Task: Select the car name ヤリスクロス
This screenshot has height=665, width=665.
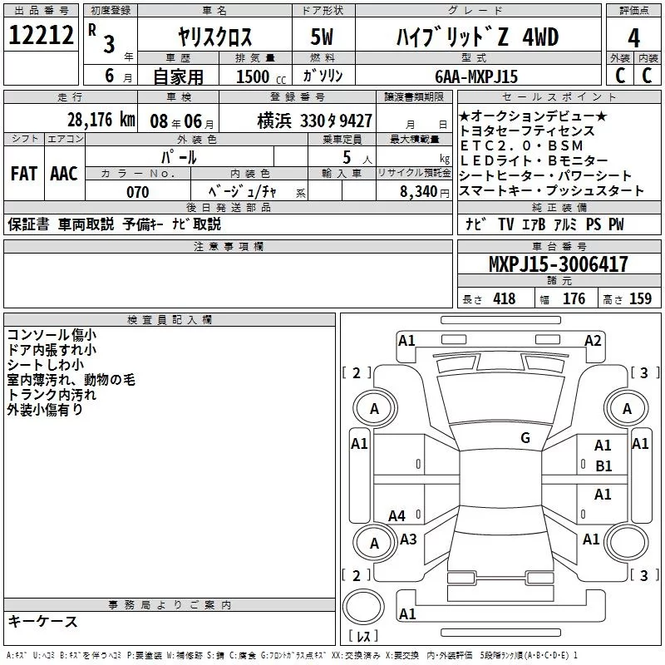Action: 214,37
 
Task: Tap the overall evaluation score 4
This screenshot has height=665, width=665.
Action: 634,37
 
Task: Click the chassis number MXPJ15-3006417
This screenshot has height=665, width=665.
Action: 558,264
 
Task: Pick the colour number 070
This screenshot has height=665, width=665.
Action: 138,192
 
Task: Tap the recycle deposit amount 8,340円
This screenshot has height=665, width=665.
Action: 424,192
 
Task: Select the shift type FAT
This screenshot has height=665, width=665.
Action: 23,173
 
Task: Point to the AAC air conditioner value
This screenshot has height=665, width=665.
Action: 63,173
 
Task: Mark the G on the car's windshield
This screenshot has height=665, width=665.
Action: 525,437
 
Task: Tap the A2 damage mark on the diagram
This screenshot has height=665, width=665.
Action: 593,340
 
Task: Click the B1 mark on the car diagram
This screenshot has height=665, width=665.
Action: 603,466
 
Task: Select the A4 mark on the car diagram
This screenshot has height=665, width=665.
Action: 397,516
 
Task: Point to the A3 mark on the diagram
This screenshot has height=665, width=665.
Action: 408,539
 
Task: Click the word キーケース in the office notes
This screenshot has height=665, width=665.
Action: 43,621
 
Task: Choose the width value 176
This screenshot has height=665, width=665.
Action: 574,299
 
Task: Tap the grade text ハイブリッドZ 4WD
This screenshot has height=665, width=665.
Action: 475,37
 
